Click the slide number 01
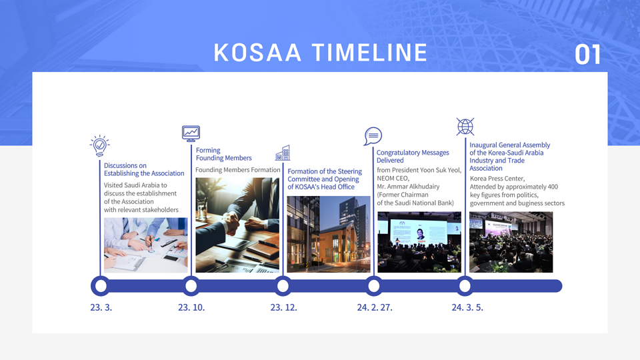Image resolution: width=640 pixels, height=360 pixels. click(588, 55)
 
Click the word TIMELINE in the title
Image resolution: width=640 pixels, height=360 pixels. click(370, 53)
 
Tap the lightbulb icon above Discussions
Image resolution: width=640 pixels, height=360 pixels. click(100, 146)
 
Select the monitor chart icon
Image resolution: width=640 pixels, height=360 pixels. click(191, 133)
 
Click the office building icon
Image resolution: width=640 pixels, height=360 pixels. click(283, 153)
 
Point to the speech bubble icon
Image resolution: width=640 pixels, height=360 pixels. click(373, 136)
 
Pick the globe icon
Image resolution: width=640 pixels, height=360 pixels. click(465, 127)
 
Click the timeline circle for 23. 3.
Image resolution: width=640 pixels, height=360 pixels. click(101, 286)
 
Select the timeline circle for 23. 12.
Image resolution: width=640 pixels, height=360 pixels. click(283, 286)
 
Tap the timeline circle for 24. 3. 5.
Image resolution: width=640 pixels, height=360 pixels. click(465, 286)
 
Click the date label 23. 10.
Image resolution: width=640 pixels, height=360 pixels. click(191, 307)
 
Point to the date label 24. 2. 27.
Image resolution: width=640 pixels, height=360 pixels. click(375, 307)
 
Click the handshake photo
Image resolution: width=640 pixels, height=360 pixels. click(237, 225)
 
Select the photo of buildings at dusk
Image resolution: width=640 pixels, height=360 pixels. click(329, 234)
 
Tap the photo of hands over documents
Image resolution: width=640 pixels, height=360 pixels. click(146, 245)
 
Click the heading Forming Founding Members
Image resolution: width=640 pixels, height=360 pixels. click(224, 154)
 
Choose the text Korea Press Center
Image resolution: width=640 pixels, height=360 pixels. click(497, 179)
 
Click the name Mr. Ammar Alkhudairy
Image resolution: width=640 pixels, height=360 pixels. click(408, 187)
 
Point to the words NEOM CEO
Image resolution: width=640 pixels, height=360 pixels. click(393, 179)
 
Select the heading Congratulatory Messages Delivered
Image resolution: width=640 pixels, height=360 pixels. click(413, 156)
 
